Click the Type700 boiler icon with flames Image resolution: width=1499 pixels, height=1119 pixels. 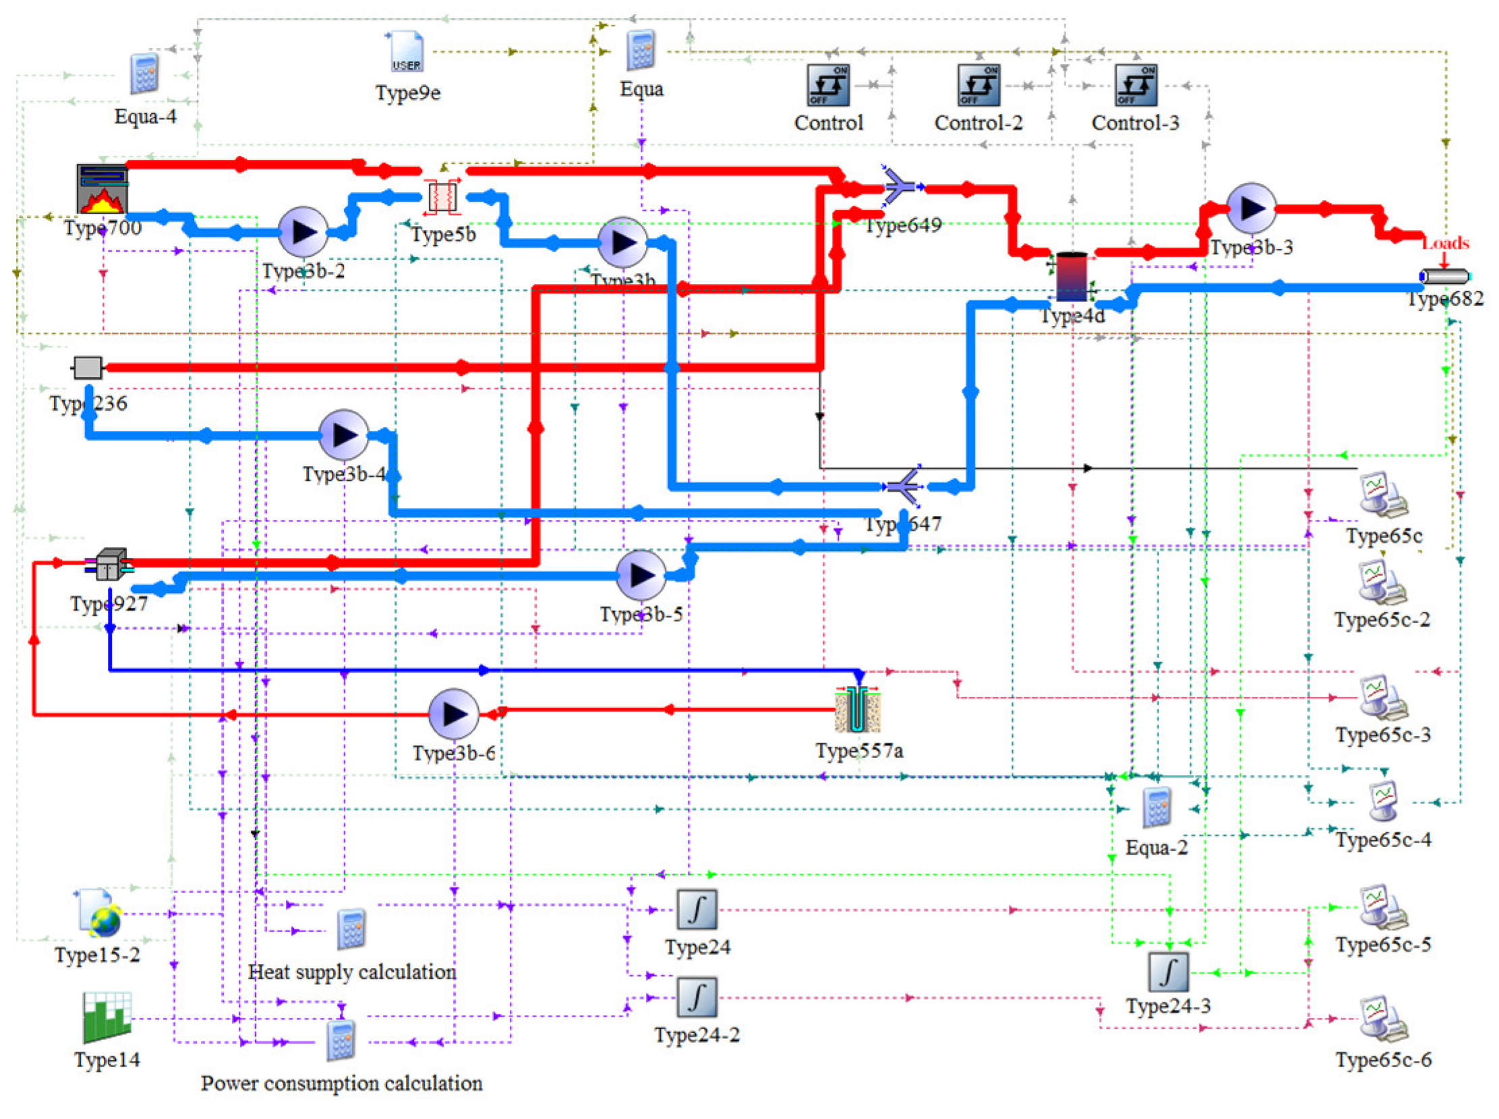(102, 189)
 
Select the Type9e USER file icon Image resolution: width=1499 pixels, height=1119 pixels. (406, 53)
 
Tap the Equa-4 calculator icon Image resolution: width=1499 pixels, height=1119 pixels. (144, 74)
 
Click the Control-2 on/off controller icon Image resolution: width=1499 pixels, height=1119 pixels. (978, 86)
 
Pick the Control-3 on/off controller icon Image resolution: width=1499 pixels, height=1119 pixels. (1136, 86)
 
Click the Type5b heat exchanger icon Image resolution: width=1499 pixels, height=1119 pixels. (442, 197)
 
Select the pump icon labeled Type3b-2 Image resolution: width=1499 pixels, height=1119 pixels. (303, 232)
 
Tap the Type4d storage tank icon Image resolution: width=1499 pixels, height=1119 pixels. (1071, 277)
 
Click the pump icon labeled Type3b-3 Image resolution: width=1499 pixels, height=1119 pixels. (1251, 208)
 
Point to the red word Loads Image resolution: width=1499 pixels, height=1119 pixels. (1445, 243)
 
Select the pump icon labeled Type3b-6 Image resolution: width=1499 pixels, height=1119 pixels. (453, 714)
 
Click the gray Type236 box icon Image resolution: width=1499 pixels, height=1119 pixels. (88, 368)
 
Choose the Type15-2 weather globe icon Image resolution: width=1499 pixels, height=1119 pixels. (99, 913)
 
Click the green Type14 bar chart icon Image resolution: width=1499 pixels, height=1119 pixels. (107, 1017)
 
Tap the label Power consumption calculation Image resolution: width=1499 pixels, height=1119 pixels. (341, 1083)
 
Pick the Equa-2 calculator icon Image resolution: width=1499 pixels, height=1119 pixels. (1156, 807)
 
